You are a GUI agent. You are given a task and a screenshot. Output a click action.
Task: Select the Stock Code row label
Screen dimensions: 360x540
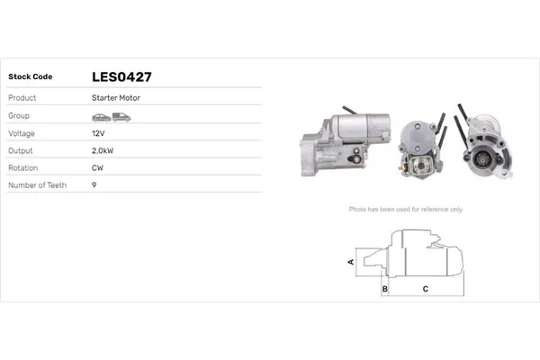coord(31,77)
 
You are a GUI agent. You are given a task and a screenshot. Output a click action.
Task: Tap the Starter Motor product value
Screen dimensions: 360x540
coord(115,97)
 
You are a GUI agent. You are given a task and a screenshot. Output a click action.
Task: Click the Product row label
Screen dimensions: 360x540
coord(22,97)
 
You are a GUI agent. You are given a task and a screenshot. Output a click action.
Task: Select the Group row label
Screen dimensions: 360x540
coord(20,116)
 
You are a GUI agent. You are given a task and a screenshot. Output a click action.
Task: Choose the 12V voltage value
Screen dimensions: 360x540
coord(98,133)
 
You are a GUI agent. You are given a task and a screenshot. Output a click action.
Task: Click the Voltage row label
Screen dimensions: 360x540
coord(22,133)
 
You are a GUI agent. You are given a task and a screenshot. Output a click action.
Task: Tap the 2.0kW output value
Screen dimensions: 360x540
coord(103,150)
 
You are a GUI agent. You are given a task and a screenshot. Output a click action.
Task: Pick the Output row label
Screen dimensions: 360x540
coord(21,150)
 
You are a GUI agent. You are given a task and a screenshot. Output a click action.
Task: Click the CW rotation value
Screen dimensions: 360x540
coord(97,167)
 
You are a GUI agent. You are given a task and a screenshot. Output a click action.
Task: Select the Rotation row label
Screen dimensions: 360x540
coord(23,167)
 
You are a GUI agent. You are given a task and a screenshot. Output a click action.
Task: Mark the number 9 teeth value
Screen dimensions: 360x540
coord(94,184)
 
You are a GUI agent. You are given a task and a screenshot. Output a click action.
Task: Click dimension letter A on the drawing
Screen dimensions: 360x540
coord(350,262)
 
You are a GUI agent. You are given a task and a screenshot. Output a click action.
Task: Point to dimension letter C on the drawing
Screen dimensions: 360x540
coord(425,289)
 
